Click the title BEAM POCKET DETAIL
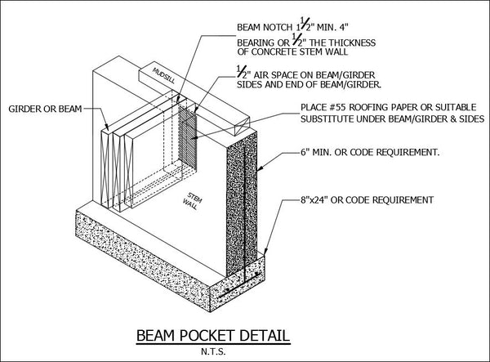(x=213, y=336)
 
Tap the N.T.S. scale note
(x=213, y=351)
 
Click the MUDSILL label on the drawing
(x=164, y=75)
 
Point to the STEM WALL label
(x=193, y=201)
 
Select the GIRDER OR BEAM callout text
(x=45, y=109)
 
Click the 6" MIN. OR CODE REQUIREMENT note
(x=370, y=153)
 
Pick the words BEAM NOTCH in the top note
(x=265, y=27)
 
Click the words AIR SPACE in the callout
(x=276, y=75)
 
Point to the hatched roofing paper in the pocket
(x=188, y=137)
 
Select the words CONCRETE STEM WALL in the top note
(x=300, y=51)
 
